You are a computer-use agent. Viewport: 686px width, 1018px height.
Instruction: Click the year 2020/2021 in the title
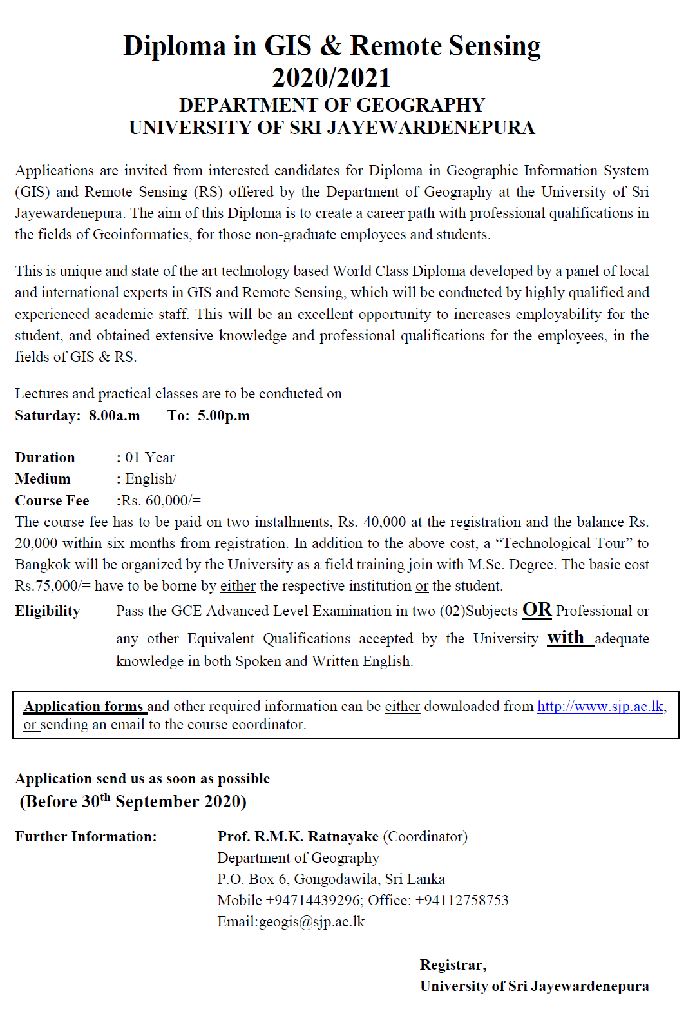point(331,78)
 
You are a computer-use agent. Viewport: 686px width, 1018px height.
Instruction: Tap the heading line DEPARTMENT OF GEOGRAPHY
point(332,105)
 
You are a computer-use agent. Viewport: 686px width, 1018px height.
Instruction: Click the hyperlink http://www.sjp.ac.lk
point(600,707)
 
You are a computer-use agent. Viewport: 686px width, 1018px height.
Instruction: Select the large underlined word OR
point(537,610)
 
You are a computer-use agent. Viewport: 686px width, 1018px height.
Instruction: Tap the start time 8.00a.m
point(114,415)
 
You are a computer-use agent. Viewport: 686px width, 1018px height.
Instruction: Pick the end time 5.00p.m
point(224,415)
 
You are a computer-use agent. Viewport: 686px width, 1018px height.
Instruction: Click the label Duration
point(45,457)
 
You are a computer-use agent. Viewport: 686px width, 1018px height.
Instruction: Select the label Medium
point(43,478)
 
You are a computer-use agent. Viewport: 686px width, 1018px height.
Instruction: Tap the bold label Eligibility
point(48,611)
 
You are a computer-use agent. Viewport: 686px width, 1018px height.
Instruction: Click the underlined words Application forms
point(84,707)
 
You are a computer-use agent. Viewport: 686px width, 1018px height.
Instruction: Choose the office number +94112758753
point(462,900)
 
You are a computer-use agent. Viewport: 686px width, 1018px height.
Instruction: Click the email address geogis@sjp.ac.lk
point(312,921)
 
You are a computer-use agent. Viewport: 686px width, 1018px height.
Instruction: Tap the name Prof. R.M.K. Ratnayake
point(298,836)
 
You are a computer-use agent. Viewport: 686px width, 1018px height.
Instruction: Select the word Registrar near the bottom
point(452,964)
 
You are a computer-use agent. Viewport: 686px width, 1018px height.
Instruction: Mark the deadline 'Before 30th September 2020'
point(133,801)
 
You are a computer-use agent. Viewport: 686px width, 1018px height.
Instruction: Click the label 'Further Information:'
point(86,836)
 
